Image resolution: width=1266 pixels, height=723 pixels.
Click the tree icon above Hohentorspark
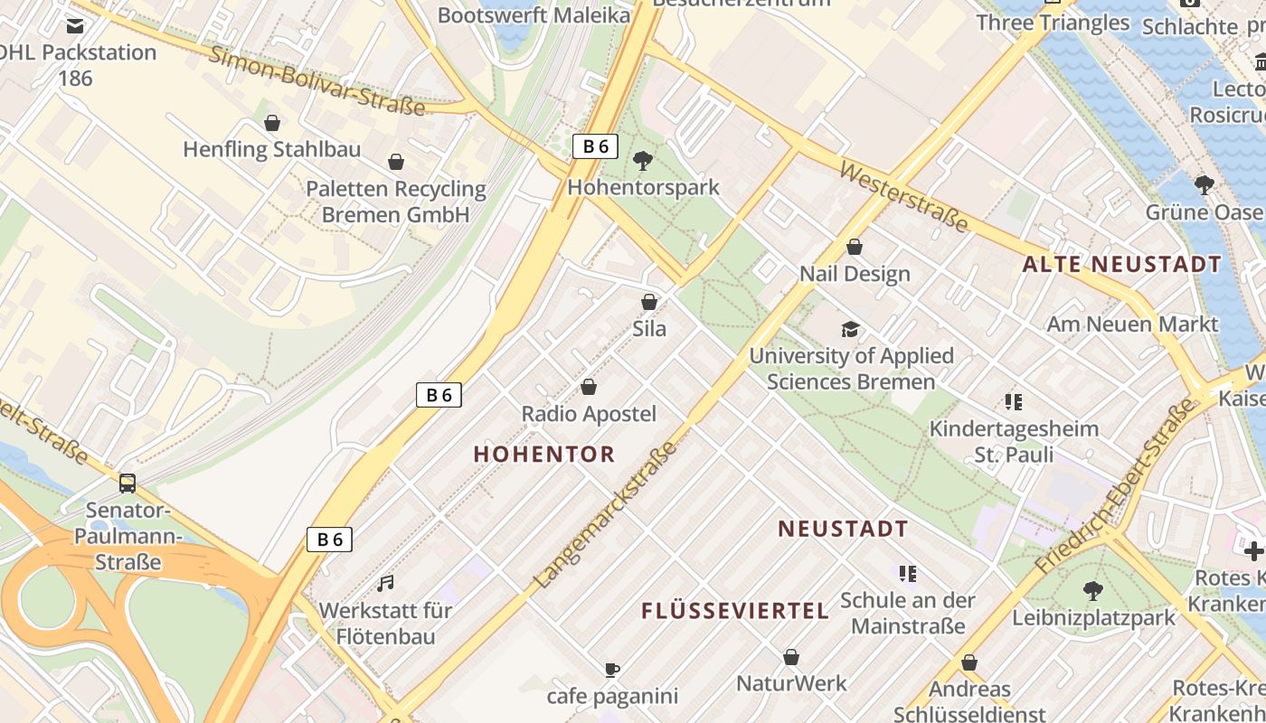click(x=643, y=161)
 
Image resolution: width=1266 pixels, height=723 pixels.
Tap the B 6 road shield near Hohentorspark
click(x=595, y=146)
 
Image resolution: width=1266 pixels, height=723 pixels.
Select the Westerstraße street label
click(x=903, y=196)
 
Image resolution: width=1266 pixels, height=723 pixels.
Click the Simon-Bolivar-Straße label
click(x=317, y=80)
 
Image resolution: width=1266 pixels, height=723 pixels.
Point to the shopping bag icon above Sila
click(x=648, y=302)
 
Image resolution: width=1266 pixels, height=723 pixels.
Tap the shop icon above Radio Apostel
click(x=589, y=387)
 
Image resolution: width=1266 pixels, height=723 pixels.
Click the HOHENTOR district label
click(x=544, y=455)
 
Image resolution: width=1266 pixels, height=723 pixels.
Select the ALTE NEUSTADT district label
click(x=1121, y=265)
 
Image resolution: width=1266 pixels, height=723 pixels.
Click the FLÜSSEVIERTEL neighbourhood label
click(x=735, y=611)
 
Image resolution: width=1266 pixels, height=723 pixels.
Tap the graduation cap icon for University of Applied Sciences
click(x=850, y=329)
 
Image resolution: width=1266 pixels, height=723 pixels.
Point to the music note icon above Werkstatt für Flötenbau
click(x=386, y=583)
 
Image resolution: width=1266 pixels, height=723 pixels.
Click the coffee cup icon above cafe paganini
click(x=612, y=670)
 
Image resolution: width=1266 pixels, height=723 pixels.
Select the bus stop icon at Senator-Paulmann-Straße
click(x=128, y=483)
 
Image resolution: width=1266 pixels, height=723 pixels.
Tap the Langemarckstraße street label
click(x=605, y=515)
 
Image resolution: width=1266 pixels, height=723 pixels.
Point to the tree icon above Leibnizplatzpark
click(x=1092, y=591)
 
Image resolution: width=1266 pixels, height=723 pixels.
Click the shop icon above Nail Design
click(x=855, y=247)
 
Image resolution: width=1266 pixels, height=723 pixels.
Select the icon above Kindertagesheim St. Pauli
click(x=1013, y=401)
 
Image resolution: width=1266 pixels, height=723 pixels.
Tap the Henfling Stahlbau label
click(x=271, y=149)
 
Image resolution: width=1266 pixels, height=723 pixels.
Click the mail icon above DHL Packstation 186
click(x=75, y=26)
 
